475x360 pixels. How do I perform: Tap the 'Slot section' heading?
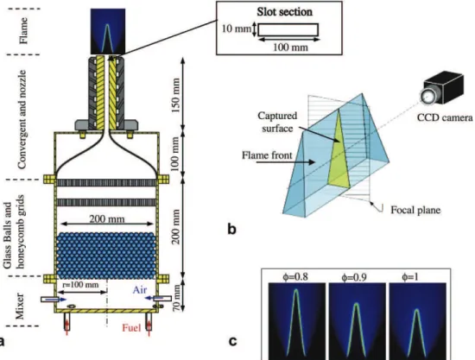click(x=284, y=12)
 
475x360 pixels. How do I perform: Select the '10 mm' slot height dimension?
click(x=237, y=29)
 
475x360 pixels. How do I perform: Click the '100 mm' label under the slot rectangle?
click(x=290, y=47)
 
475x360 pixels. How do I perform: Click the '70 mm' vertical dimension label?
click(x=176, y=298)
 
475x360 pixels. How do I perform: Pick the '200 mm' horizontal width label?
click(x=107, y=219)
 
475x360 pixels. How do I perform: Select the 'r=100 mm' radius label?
click(x=80, y=285)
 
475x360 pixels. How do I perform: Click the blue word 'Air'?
click(x=140, y=290)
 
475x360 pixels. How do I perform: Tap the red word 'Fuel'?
click(x=131, y=327)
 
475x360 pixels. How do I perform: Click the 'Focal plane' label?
click(x=415, y=210)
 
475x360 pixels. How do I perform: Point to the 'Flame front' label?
click(x=267, y=155)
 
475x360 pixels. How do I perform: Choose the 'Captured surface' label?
click(x=277, y=122)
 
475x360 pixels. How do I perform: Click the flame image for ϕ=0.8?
click(x=297, y=320)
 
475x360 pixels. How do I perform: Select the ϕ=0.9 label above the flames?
click(x=356, y=277)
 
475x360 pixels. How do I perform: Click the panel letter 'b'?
click(x=231, y=230)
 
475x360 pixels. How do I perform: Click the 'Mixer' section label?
click(x=20, y=306)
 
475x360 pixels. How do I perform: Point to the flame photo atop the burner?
click(x=108, y=31)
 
